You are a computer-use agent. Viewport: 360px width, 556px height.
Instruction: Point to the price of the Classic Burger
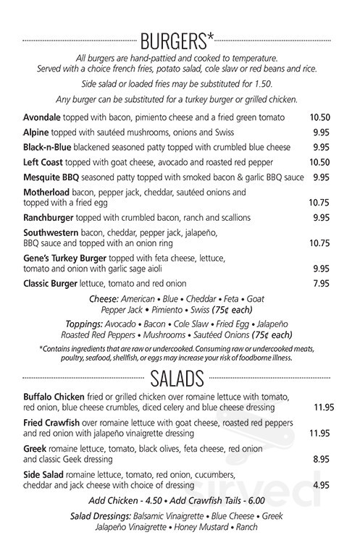(322, 283)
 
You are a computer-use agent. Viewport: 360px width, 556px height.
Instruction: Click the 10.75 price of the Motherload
(319, 203)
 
